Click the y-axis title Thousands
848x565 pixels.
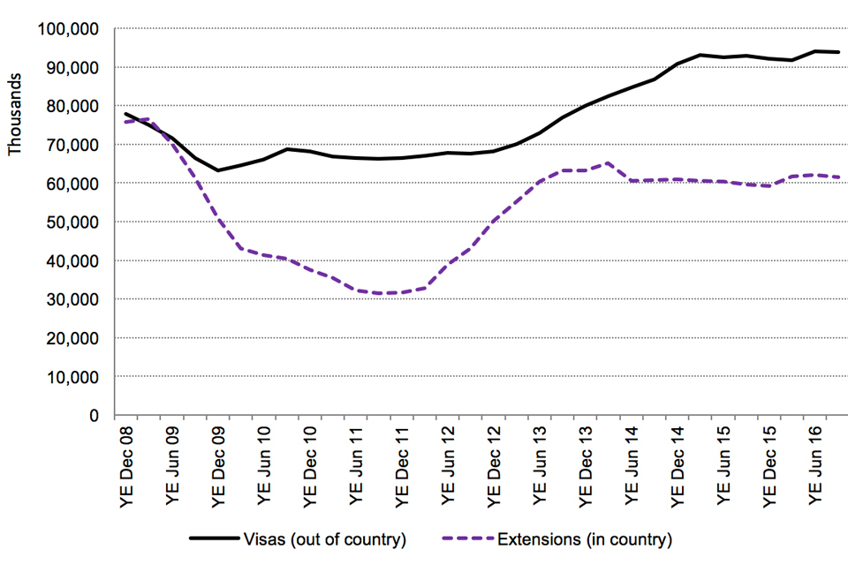pyautogui.click(x=15, y=119)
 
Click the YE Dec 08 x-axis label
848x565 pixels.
pyautogui.click(x=126, y=467)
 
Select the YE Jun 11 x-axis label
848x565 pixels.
pyautogui.click(x=356, y=467)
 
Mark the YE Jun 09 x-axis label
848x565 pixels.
pyautogui.click(x=172, y=467)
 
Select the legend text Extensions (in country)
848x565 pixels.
pyautogui.click(x=585, y=538)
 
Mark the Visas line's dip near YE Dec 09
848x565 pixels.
pyautogui.click(x=218, y=170)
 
